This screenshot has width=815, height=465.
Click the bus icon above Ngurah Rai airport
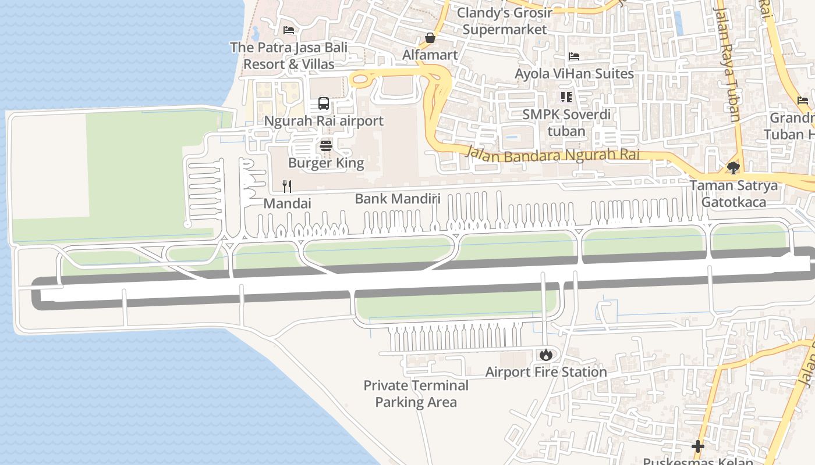pos(324,104)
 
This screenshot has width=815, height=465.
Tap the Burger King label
pos(326,163)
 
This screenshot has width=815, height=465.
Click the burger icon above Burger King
pos(326,145)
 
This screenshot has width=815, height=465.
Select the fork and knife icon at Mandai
pos(286,186)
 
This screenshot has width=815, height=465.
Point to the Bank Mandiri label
pos(397,199)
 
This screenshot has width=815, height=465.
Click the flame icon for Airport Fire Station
pos(545,354)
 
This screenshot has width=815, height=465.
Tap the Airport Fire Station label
pos(545,372)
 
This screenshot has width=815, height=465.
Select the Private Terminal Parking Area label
pos(416,394)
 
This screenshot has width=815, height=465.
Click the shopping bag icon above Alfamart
pos(430,38)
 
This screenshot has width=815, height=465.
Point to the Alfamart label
pos(430,55)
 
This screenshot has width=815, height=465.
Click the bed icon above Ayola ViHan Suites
pos(574,56)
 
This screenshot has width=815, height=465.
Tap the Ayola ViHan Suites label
pos(574,74)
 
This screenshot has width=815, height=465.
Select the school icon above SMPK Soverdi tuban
pos(566,97)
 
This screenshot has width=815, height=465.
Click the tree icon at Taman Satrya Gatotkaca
pos(733,168)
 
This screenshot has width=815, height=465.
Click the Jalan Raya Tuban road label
pos(728,64)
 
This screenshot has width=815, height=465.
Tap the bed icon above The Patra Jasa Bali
pos(288,30)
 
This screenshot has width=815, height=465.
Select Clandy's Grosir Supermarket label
pos(504,21)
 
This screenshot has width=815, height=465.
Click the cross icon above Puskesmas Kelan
pos(697,446)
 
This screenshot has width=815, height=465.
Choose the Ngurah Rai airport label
pos(324,121)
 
